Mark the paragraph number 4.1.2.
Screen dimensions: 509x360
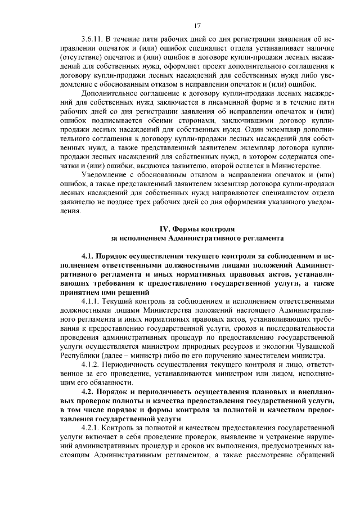point(92,364)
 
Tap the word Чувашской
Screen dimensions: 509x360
point(315,346)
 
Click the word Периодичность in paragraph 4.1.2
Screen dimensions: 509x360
point(134,364)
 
